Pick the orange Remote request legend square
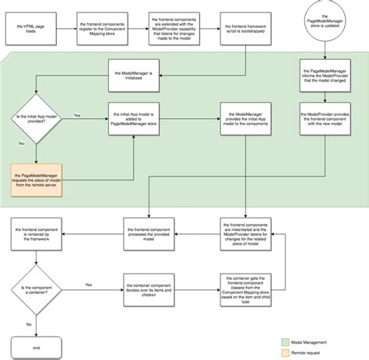(285, 352)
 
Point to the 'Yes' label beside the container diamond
(87, 284)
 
